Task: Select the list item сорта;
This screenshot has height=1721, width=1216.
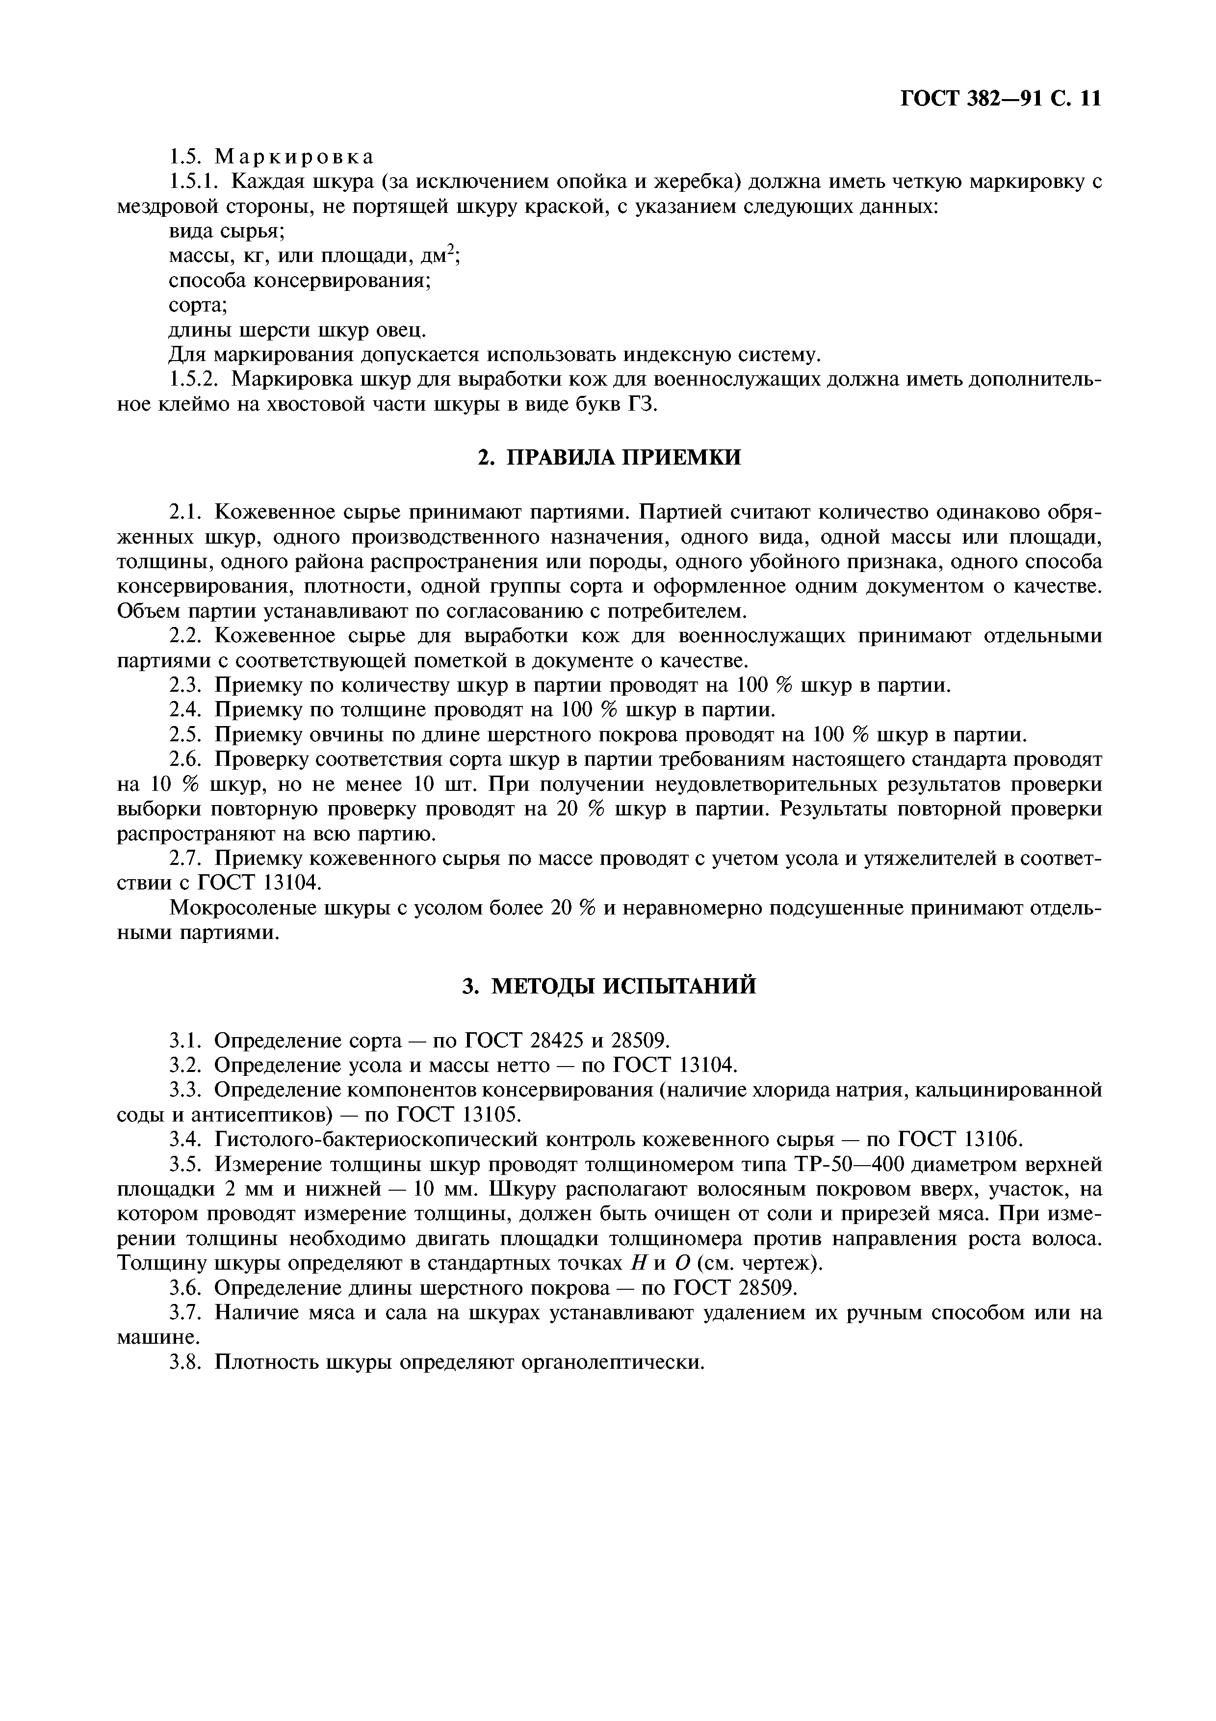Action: pyautogui.click(x=198, y=305)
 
